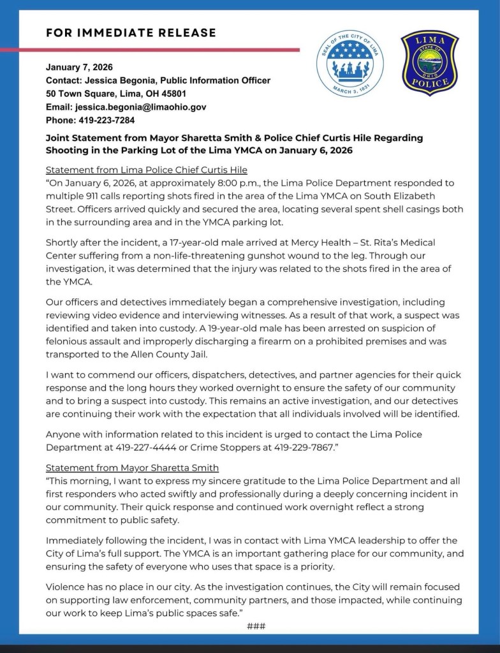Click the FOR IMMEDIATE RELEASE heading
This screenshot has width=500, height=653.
[131, 33]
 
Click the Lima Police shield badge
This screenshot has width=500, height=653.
[430, 63]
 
